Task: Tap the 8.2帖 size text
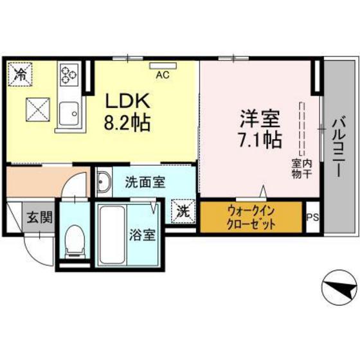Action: tap(127, 122)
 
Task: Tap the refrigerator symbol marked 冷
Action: tap(21, 73)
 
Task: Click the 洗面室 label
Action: tap(144, 182)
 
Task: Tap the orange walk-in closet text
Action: tap(251, 218)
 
